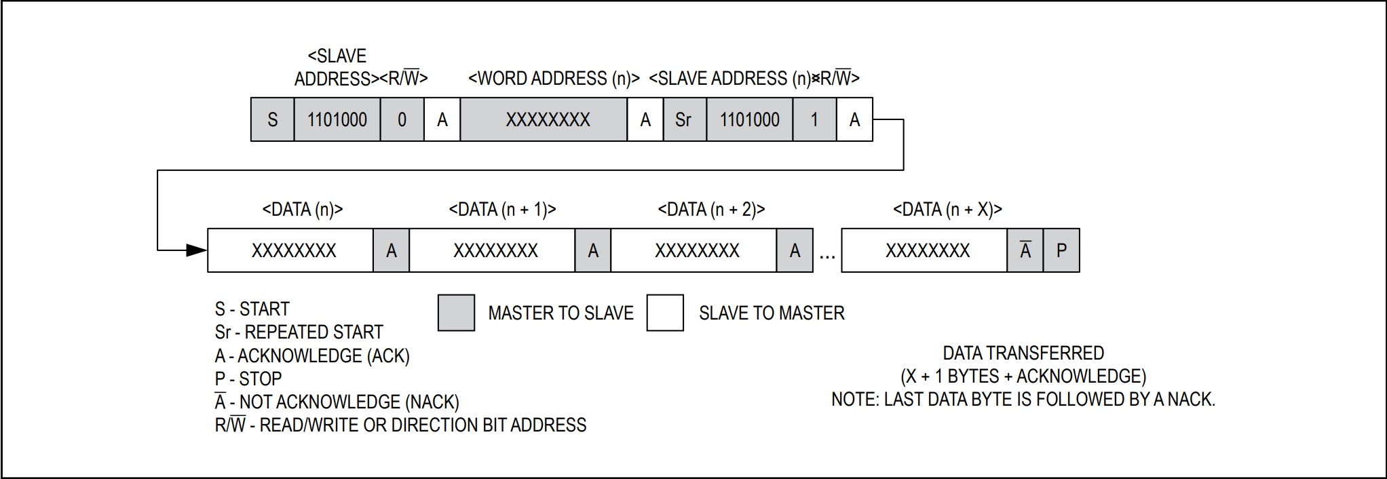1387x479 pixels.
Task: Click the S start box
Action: (272, 120)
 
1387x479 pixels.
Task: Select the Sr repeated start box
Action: (684, 120)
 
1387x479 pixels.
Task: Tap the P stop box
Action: (1061, 251)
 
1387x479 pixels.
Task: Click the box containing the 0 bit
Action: (402, 120)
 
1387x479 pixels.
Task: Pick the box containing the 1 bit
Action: (814, 120)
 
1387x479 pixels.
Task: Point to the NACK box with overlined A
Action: (1025, 251)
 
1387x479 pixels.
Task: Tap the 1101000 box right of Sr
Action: (749, 120)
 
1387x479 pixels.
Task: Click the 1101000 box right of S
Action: (337, 120)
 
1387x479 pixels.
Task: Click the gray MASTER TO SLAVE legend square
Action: (456, 313)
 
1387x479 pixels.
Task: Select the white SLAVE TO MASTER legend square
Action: (665, 313)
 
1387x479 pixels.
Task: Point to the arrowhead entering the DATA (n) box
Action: (197, 250)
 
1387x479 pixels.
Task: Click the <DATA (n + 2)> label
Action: (711, 210)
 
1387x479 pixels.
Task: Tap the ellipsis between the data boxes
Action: (827, 256)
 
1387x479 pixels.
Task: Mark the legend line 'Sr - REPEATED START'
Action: (299, 332)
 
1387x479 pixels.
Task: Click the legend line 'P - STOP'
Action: (248, 379)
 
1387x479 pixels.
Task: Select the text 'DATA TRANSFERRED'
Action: (1023, 353)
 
